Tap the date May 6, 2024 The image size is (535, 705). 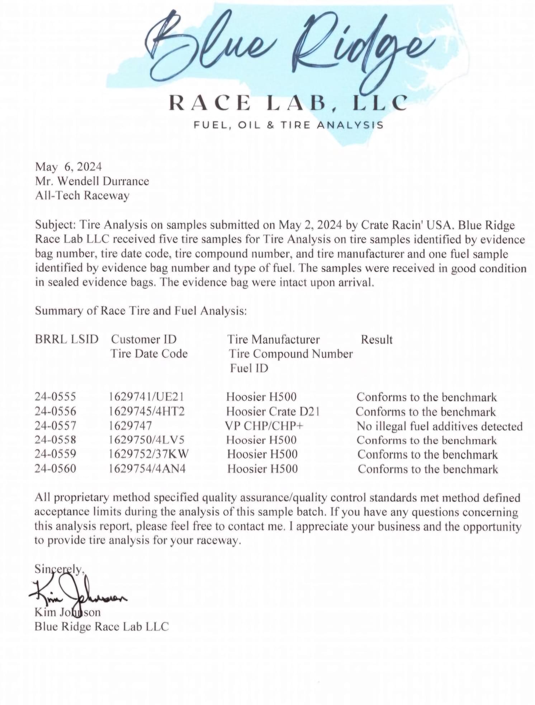pyautogui.click(x=68, y=167)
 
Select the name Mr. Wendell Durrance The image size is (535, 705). pyautogui.click(x=92, y=181)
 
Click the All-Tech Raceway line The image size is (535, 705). pyautogui.click(x=82, y=196)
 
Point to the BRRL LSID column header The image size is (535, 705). pyautogui.click(x=66, y=339)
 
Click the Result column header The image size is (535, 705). pyautogui.click(x=377, y=339)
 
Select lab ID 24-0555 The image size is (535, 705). pyautogui.click(x=55, y=397)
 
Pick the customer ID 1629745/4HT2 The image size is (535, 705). pyautogui.click(x=147, y=411)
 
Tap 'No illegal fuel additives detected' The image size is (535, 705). pyautogui.click(x=440, y=426)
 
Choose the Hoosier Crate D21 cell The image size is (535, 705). pyautogui.click(x=273, y=411)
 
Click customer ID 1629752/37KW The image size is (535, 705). pyautogui.click(x=148, y=454)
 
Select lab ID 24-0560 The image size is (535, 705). pyautogui.click(x=55, y=469)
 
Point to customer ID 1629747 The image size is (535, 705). pyautogui.click(x=130, y=426)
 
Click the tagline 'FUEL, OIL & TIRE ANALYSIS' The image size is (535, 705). pyautogui.click(x=288, y=125)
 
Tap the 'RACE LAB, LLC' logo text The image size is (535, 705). pyautogui.click(x=288, y=102)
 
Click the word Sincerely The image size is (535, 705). pyautogui.click(x=60, y=569)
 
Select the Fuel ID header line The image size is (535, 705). pyautogui.click(x=249, y=368)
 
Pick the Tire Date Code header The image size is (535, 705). pyautogui.click(x=149, y=354)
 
